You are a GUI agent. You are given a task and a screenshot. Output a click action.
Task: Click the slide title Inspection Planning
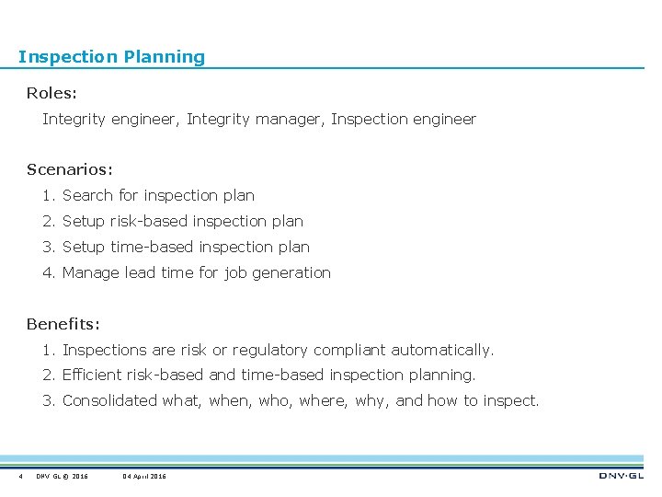[111, 57]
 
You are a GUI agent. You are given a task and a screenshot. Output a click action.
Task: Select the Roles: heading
[52, 93]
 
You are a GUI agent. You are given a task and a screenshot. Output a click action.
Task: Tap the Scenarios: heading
[70, 169]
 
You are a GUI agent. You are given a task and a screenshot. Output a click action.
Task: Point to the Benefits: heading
[63, 324]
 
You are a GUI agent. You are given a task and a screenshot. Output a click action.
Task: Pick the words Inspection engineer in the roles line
[404, 119]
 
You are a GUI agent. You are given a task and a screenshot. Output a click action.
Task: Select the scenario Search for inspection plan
[158, 195]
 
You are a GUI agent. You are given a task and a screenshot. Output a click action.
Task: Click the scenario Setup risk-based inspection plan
[182, 221]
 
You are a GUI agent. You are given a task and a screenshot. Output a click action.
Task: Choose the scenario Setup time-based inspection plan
[186, 247]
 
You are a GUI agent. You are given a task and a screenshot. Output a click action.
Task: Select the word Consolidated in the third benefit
[110, 400]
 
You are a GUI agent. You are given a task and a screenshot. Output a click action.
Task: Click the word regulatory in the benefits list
[270, 350]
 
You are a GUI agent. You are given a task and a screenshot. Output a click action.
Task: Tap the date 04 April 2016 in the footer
[144, 476]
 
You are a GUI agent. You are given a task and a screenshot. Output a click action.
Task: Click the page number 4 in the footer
[19, 476]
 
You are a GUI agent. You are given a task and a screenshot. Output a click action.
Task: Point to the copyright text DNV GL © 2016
[63, 476]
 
